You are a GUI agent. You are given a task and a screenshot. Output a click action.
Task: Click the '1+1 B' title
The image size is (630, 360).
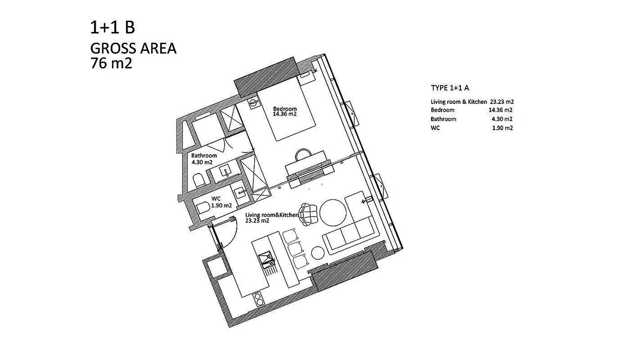click(x=112, y=28)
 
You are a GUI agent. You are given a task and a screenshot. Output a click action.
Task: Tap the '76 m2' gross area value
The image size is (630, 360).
click(x=111, y=63)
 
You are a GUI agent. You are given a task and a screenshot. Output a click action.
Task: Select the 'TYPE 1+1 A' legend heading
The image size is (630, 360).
click(x=450, y=88)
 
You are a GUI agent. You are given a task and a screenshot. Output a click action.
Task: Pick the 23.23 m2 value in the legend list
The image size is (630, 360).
click(x=502, y=102)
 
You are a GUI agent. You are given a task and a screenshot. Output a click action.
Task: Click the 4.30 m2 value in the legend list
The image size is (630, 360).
click(x=502, y=119)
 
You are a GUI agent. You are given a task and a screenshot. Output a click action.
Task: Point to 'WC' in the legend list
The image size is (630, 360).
click(x=435, y=128)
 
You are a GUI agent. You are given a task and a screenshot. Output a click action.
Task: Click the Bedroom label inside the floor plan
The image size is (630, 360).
click(x=285, y=109)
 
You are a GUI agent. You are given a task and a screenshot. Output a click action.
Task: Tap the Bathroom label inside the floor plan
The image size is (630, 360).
click(x=204, y=155)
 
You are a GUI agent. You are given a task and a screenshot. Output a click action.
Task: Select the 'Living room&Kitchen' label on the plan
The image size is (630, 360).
click(x=272, y=215)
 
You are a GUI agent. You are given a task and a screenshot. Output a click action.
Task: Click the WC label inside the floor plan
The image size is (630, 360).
click(x=216, y=199)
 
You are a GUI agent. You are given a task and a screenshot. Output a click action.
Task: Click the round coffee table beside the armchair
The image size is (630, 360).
click(x=333, y=213)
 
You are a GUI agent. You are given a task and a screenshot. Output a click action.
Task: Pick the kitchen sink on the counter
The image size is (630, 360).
click(x=266, y=259)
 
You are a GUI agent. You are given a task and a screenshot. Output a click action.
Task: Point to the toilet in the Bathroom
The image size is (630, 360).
click(x=199, y=180)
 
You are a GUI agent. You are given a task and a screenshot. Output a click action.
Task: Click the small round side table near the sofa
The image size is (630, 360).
click(x=318, y=252)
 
